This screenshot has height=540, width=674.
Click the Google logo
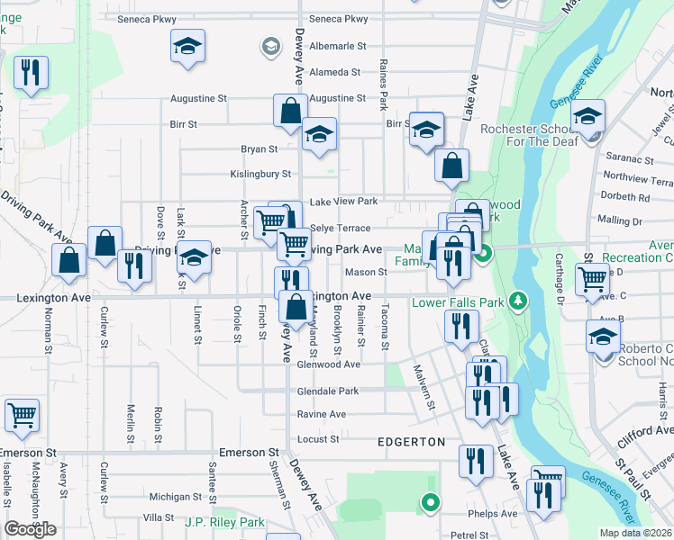click(x=31, y=529)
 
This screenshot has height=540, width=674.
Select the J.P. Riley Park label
click(x=224, y=522)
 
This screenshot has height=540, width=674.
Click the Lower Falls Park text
click(x=457, y=302)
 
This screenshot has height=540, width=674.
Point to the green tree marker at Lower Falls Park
click(x=517, y=299)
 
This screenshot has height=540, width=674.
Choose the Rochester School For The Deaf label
click(x=533, y=136)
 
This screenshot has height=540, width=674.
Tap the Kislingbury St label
click(x=261, y=174)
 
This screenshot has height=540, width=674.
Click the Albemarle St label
click(x=338, y=45)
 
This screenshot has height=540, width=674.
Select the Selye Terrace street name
click(x=340, y=229)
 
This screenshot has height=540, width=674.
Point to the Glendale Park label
click(x=328, y=391)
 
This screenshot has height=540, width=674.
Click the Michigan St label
click(x=176, y=497)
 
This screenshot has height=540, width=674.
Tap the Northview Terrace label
click(x=638, y=177)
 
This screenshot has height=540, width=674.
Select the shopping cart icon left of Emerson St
click(x=22, y=415)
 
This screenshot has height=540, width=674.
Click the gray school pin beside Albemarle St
click(x=269, y=45)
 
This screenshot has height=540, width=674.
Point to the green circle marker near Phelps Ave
click(x=431, y=503)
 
